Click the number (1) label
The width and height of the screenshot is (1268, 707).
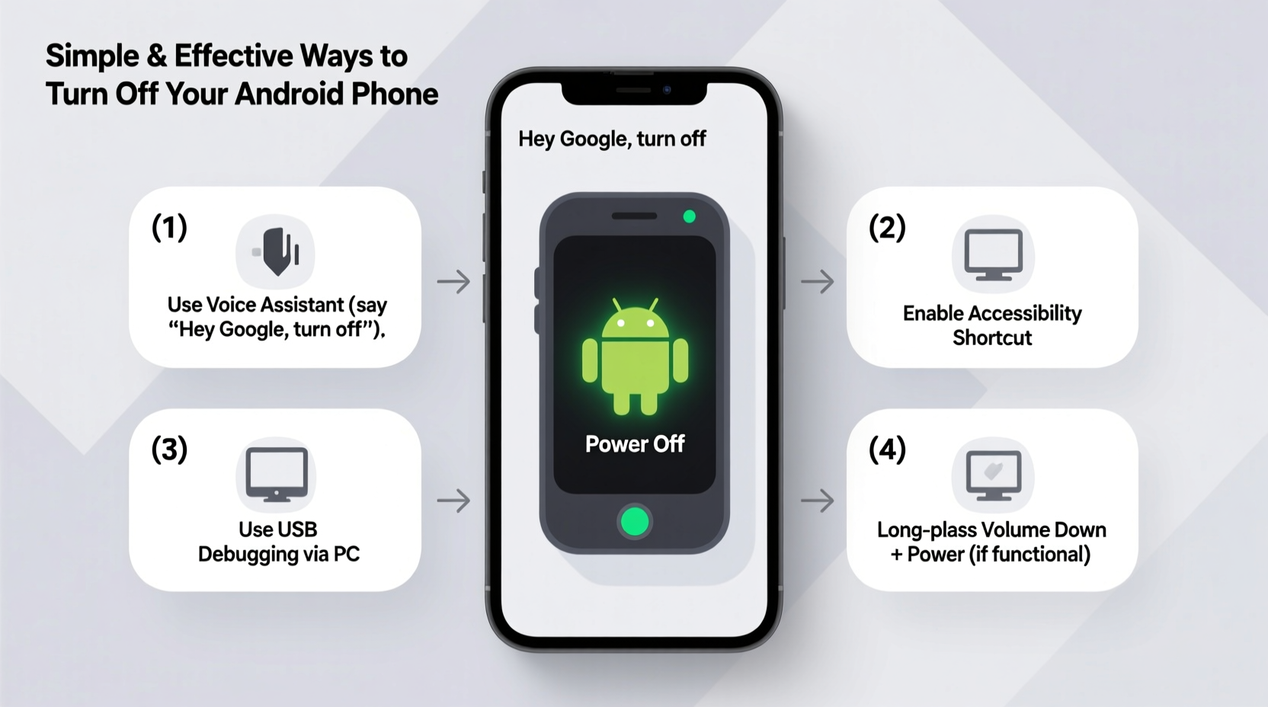[x=169, y=228]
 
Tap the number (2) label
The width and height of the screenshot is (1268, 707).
[x=887, y=228]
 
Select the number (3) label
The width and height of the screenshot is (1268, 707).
[x=169, y=449]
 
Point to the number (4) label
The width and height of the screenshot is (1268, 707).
[x=887, y=449]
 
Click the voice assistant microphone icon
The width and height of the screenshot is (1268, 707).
[x=276, y=251]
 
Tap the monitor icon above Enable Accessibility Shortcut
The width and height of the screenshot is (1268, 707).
[x=993, y=254]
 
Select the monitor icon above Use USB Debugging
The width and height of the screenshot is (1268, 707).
[x=276, y=475]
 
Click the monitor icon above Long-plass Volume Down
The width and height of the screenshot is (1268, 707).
[x=993, y=475]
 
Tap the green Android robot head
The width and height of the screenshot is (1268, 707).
[x=635, y=320]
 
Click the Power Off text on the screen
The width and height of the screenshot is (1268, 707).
[x=635, y=444]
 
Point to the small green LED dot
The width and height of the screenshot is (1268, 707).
[x=689, y=217]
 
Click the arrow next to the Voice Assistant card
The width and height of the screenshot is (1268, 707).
[x=453, y=282]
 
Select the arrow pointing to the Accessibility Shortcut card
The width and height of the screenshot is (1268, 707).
[x=818, y=282]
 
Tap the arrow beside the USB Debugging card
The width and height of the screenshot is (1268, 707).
[x=453, y=501]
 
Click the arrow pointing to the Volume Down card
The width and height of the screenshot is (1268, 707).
[x=818, y=501]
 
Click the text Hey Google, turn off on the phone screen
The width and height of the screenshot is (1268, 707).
[x=612, y=139]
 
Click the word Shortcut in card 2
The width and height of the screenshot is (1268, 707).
[x=992, y=338]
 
